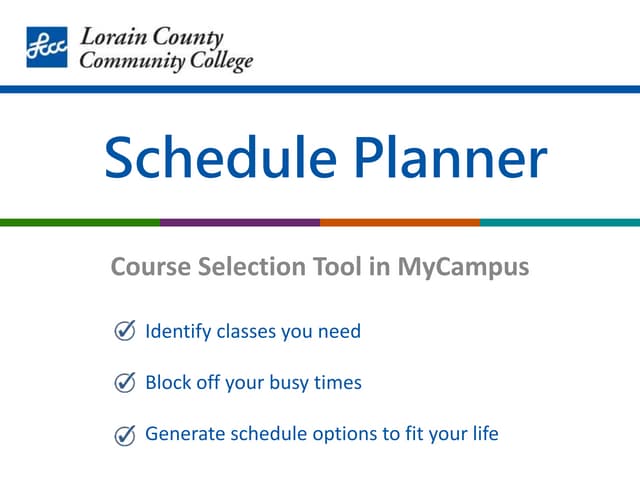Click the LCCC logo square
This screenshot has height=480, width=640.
click(x=47, y=47)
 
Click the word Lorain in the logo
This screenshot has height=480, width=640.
click(x=110, y=39)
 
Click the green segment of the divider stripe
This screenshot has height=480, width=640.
click(x=80, y=222)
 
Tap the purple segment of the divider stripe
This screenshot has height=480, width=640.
click(x=240, y=222)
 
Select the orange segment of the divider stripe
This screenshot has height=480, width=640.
click(x=400, y=222)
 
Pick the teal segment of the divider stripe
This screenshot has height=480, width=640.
click(x=560, y=222)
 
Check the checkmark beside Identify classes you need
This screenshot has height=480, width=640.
click(x=126, y=331)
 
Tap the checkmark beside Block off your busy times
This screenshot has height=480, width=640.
click(x=126, y=382)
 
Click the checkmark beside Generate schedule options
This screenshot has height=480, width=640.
click(x=126, y=434)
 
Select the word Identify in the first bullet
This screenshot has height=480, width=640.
click(x=178, y=331)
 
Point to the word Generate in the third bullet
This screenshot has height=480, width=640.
click(x=181, y=434)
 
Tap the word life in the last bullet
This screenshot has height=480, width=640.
click(x=484, y=434)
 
